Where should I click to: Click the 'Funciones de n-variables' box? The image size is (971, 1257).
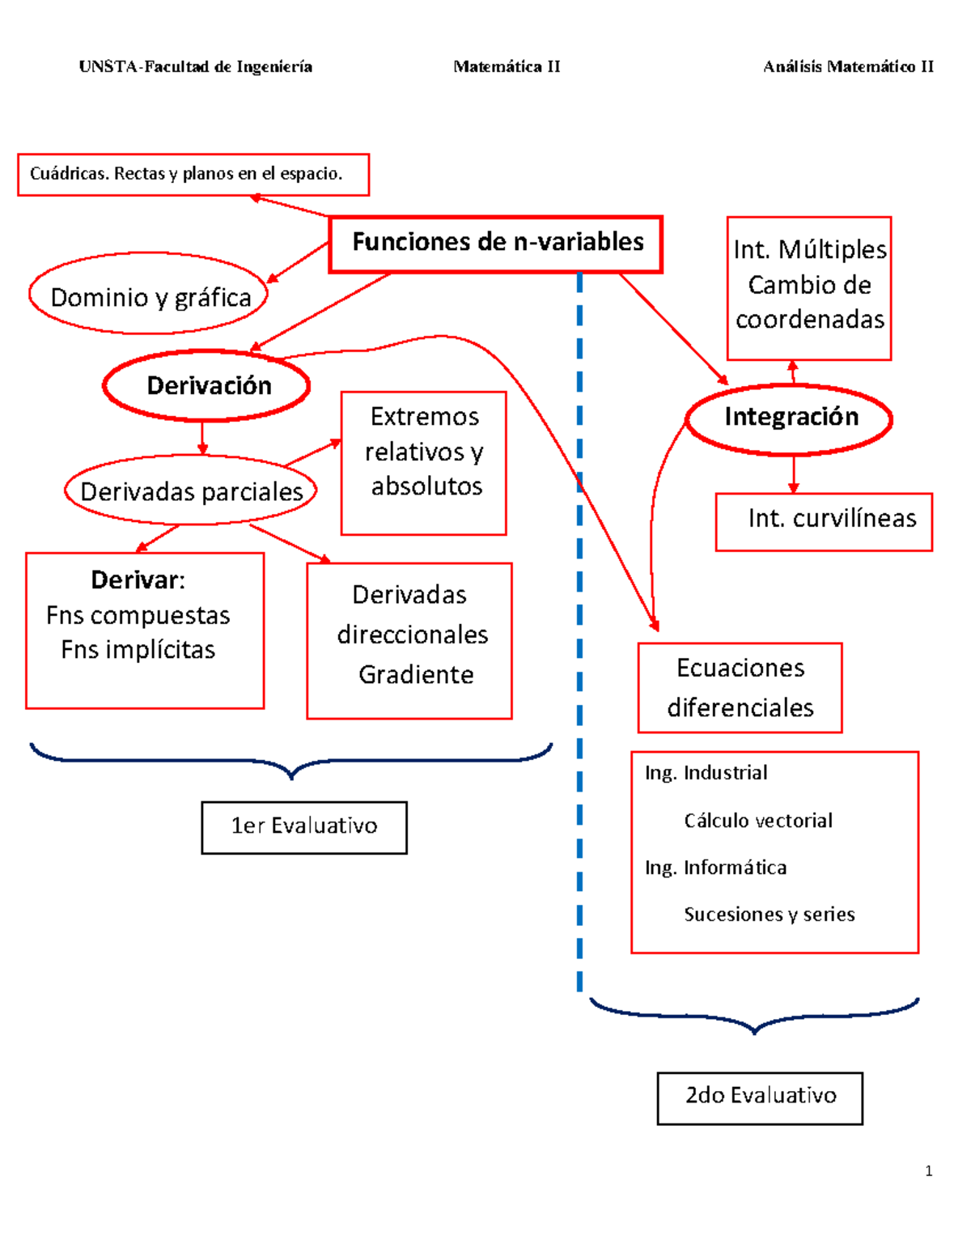click(x=495, y=244)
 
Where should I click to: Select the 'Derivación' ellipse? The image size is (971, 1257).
click(x=207, y=385)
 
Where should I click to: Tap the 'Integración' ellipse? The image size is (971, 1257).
click(x=789, y=418)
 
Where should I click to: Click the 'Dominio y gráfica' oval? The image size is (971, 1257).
click(x=149, y=295)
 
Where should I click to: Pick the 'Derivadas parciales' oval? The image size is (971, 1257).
click(x=191, y=491)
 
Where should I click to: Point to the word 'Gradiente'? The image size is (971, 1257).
click(x=416, y=674)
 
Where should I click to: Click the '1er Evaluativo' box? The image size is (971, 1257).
click(x=304, y=827)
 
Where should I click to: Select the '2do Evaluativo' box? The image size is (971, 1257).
click(x=760, y=1098)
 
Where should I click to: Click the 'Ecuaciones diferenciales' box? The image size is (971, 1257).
click(x=740, y=688)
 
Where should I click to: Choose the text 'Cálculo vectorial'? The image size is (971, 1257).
click(x=757, y=821)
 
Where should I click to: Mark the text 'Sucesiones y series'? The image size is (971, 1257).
click(x=769, y=915)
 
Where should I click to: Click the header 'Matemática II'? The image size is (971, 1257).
click(x=507, y=67)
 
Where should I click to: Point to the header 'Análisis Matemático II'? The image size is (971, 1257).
click(x=848, y=67)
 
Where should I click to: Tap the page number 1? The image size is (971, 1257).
click(x=928, y=1170)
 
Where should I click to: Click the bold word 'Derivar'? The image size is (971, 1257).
click(x=136, y=580)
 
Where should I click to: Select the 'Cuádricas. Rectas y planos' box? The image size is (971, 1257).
click(x=193, y=175)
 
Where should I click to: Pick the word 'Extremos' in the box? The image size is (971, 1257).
click(x=424, y=417)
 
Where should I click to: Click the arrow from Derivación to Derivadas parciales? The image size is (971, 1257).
click(x=202, y=438)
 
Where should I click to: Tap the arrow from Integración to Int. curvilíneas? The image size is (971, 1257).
click(x=793, y=474)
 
